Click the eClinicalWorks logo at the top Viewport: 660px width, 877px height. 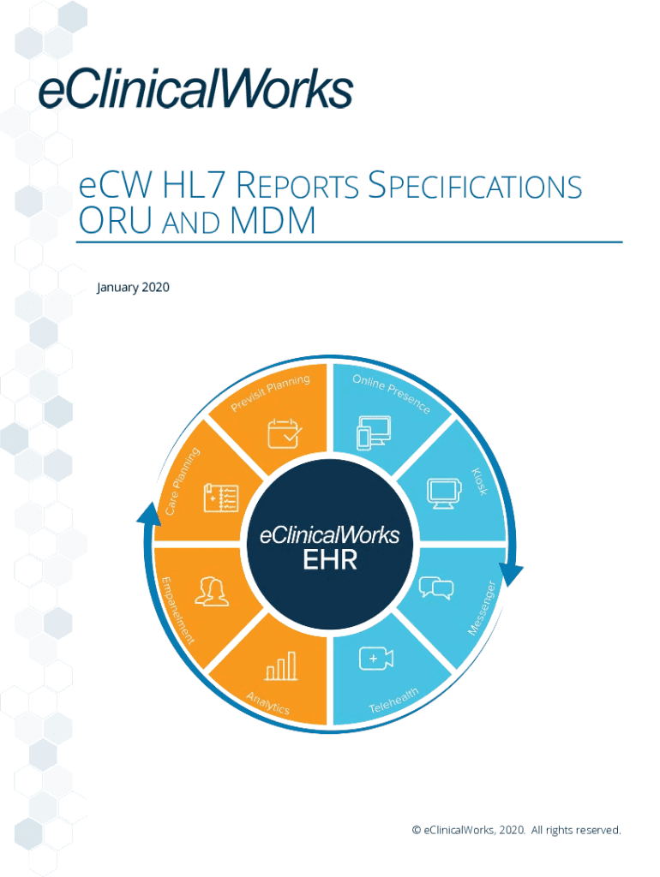click(196, 89)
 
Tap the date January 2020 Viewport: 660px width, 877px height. click(133, 287)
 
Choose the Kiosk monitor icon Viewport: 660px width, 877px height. click(443, 493)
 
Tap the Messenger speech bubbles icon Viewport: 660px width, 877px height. click(436, 588)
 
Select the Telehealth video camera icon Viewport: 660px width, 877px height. click(376, 658)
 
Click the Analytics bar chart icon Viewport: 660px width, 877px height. click(282, 665)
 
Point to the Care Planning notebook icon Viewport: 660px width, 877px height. click(221, 498)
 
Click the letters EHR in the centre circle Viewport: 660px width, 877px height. click(330, 561)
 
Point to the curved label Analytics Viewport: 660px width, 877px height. click(268, 702)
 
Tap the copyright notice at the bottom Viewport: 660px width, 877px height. click(516, 830)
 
